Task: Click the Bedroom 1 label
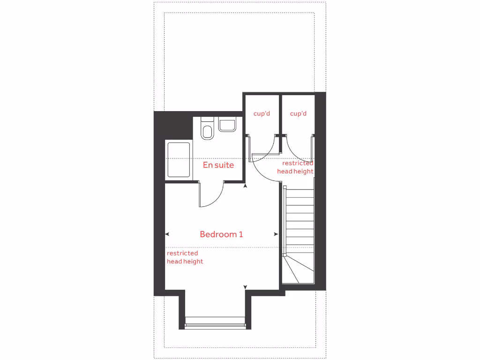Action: click(x=221, y=234)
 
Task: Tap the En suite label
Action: click(x=218, y=165)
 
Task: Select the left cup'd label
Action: click(x=262, y=113)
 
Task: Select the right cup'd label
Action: click(x=298, y=113)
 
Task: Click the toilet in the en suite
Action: click(x=207, y=128)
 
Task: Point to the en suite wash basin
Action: click(x=227, y=126)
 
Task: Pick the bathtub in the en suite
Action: click(x=179, y=160)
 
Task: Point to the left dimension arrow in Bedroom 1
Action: click(x=167, y=234)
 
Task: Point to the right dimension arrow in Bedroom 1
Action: click(x=276, y=234)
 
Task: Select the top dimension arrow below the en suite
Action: click(x=245, y=187)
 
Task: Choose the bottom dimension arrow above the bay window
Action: click(x=245, y=287)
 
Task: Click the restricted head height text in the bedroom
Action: click(x=185, y=257)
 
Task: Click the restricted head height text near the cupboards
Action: click(x=295, y=167)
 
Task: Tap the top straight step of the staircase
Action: click(x=300, y=193)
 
